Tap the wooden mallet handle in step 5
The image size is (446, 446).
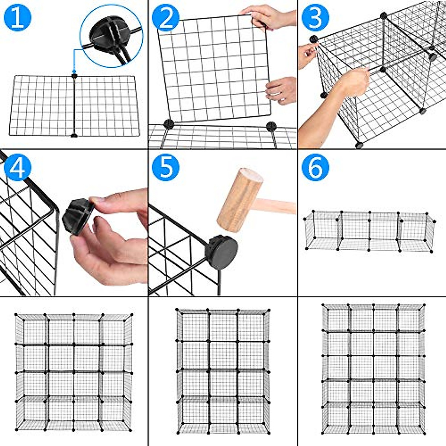(x=279, y=206)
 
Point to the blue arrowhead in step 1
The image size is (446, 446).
(x=74, y=71)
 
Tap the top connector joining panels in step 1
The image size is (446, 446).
(x=74, y=76)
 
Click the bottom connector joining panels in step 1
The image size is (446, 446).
(x=74, y=135)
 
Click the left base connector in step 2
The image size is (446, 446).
(x=169, y=124)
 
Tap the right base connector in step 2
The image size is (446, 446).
(x=271, y=126)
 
